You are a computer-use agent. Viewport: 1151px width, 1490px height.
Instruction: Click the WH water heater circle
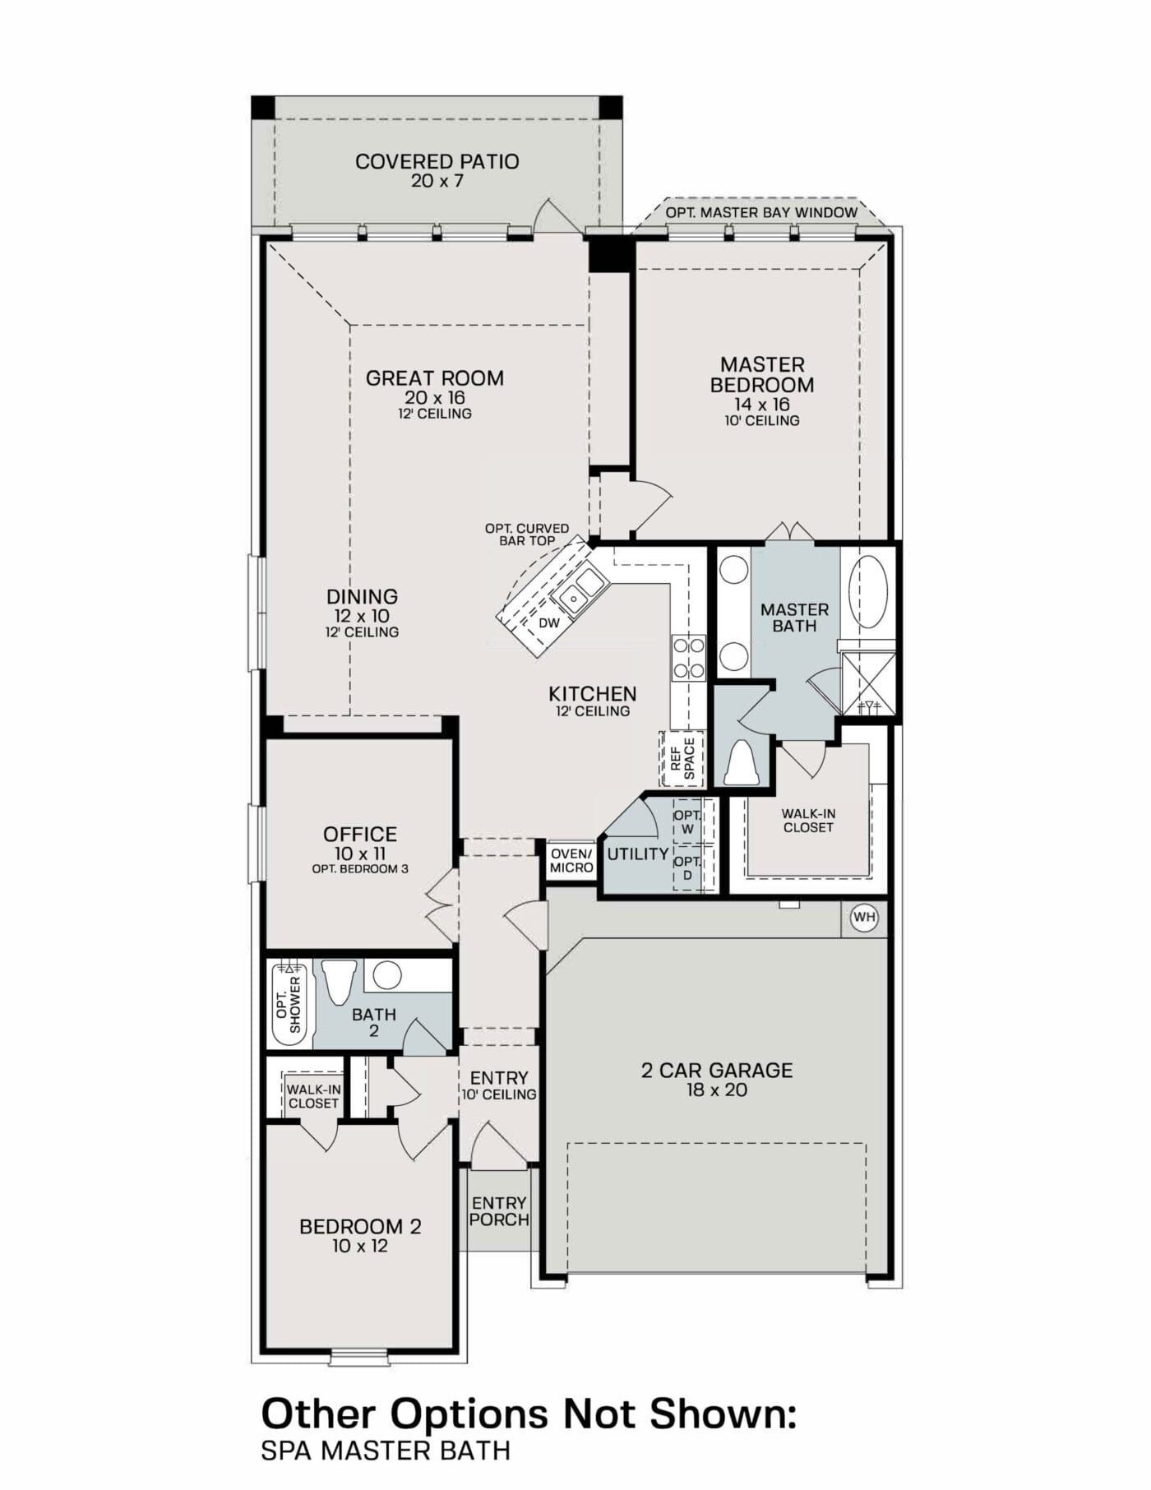pyautogui.click(x=864, y=917)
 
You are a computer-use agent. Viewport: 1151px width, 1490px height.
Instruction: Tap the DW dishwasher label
pyautogui.click(x=548, y=622)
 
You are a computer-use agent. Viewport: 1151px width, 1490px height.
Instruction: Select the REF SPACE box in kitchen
pyautogui.click(x=682, y=757)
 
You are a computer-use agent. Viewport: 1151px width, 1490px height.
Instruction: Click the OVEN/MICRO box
pyautogui.click(x=571, y=860)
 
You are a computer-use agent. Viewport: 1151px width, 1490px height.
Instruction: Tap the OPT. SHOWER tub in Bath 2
pyautogui.click(x=289, y=1005)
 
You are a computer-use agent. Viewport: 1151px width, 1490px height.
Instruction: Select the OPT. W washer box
pyautogui.click(x=687, y=821)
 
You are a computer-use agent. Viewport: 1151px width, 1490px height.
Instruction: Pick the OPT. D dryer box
pyautogui.click(x=687, y=868)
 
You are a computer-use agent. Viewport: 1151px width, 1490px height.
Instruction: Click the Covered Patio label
pyautogui.click(x=437, y=161)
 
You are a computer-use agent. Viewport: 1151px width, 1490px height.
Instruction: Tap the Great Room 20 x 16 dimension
pyautogui.click(x=434, y=397)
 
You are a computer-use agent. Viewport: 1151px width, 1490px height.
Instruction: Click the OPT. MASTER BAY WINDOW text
pyautogui.click(x=761, y=212)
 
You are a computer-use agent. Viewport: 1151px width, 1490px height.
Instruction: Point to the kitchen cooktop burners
pyautogui.click(x=688, y=658)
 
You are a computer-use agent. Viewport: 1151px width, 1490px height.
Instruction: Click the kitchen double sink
pyautogui.click(x=580, y=589)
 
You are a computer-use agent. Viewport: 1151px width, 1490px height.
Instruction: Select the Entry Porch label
pyautogui.click(x=499, y=1211)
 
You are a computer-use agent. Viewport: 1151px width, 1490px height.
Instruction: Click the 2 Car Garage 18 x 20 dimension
pyautogui.click(x=716, y=1090)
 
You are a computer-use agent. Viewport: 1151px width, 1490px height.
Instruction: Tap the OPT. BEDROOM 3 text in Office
pyautogui.click(x=360, y=868)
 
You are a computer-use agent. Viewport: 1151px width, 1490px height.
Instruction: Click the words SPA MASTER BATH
pyautogui.click(x=385, y=1451)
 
